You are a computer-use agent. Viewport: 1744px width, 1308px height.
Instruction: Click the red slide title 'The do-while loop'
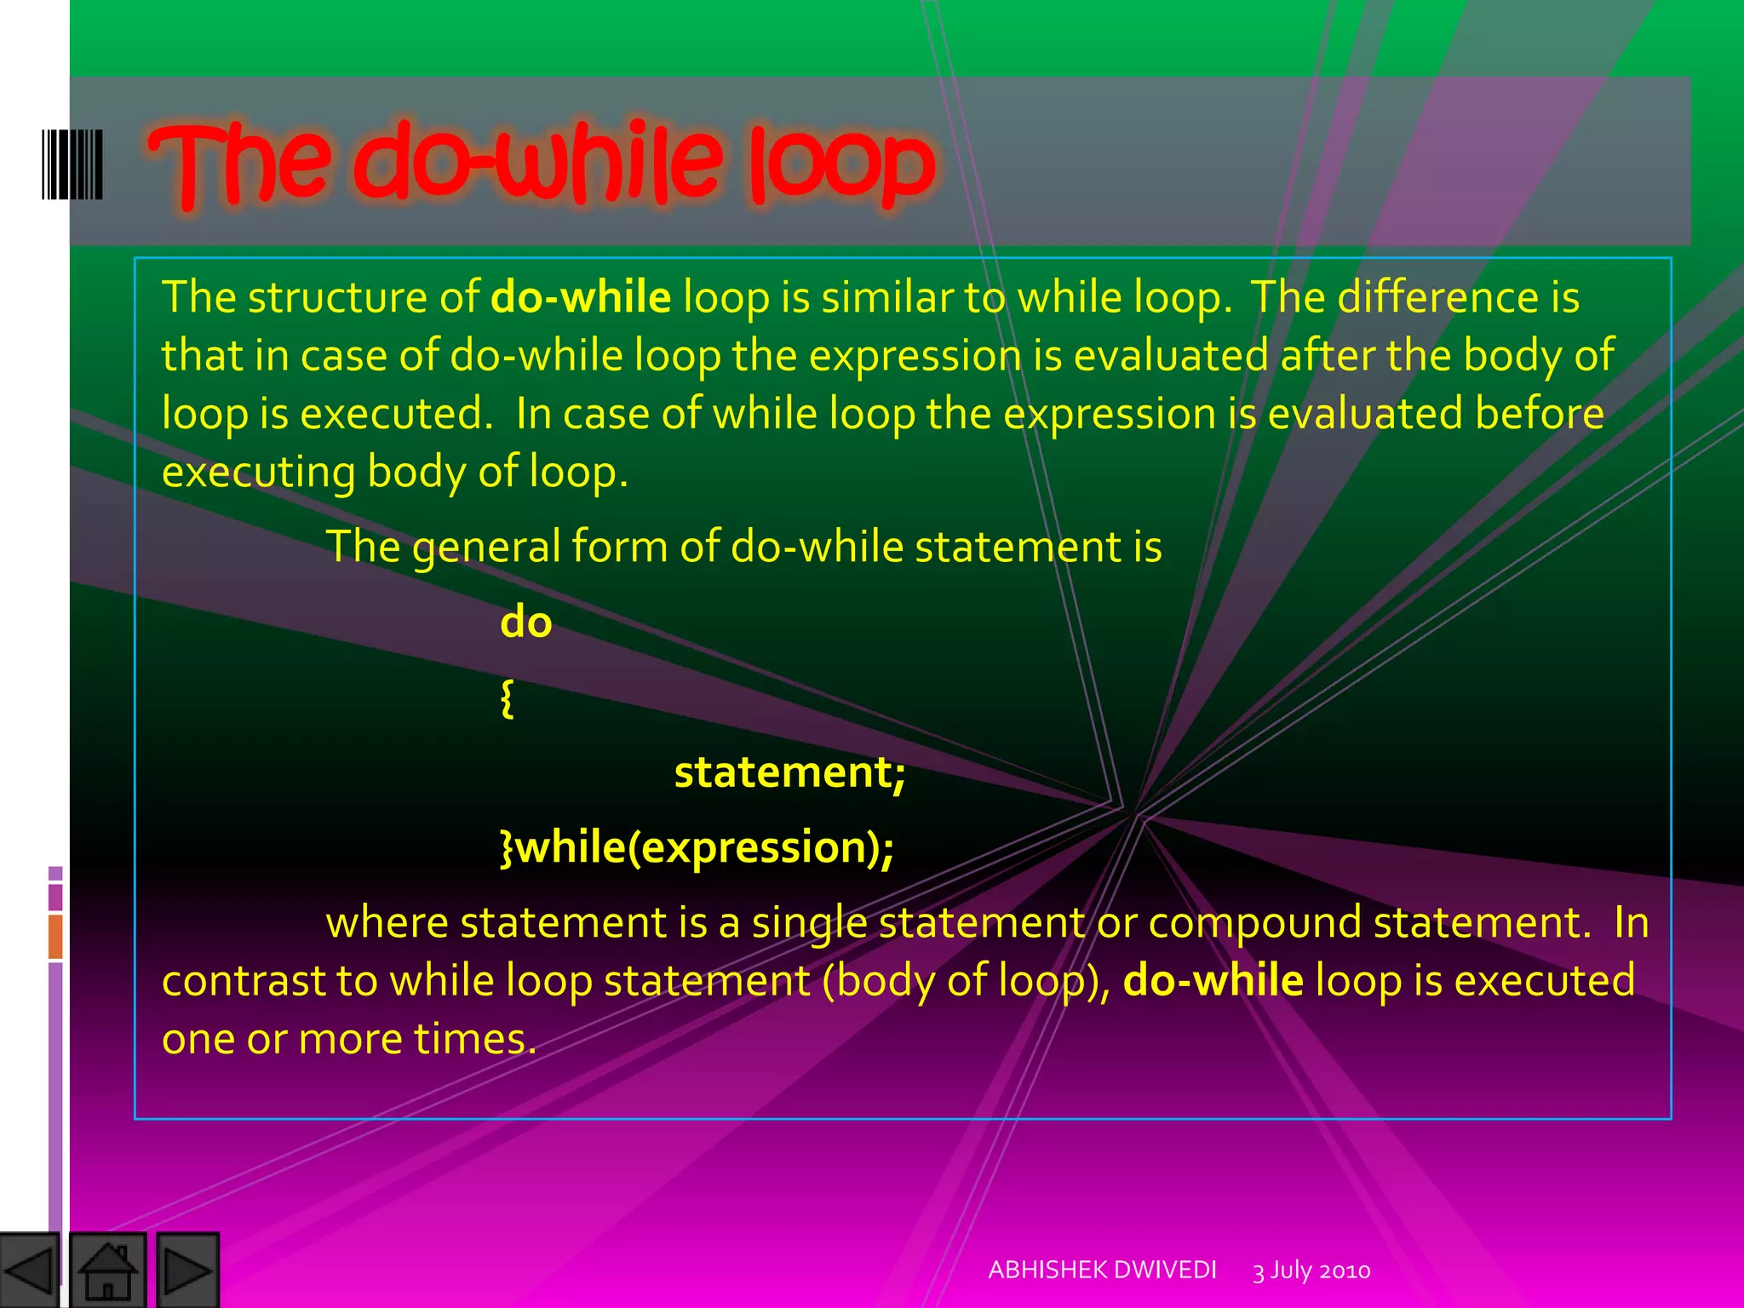pyautogui.click(x=542, y=163)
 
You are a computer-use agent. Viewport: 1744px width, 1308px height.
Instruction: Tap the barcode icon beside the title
pyautogui.click(x=72, y=164)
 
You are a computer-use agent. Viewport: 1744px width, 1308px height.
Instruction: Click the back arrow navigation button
pyautogui.click(x=29, y=1271)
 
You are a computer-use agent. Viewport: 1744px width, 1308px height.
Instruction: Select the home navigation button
pyautogui.click(x=107, y=1271)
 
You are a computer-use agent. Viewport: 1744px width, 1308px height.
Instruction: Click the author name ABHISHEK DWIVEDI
pyautogui.click(x=1102, y=1270)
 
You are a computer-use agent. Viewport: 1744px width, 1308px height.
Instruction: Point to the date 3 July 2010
pyautogui.click(x=1311, y=1271)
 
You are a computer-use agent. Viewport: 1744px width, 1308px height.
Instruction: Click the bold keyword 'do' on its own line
pyautogui.click(x=525, y=622)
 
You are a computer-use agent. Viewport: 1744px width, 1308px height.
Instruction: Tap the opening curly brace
pyautogui.click(x=507, y=698)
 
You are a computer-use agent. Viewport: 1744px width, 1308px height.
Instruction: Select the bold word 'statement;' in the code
pyautogui.click(x=789, y=773)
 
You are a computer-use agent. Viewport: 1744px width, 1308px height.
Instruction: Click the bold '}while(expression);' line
pyautogui.click(x=697, y=847)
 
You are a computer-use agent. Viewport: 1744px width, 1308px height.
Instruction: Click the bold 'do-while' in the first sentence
pyautogui.click(x=581, y=297)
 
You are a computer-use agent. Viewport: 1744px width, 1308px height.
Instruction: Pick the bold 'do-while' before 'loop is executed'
pyautogui.click(x=1213, y=980)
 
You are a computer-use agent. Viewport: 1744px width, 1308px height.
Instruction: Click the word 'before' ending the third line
pyautogui.click(x=1539, y=414)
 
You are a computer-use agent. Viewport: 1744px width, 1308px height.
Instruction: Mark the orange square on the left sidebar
pyautogui.click(x=55, y=937)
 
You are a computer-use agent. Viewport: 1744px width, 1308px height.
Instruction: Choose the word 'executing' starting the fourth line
pyautogui.click(x=258, y=473)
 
